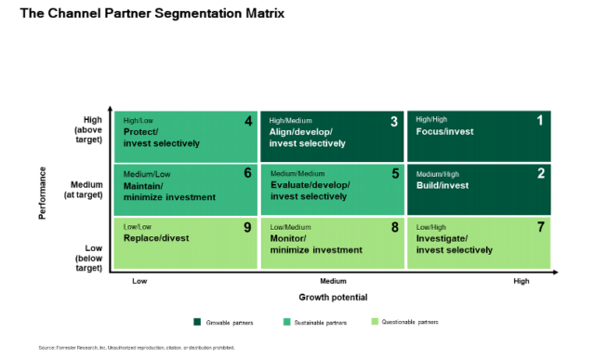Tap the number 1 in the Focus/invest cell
540,121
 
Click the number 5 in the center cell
394,173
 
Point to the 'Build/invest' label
443,185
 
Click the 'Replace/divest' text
156,238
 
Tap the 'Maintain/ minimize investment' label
169,191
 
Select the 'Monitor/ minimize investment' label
315,244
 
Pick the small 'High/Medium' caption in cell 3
290,120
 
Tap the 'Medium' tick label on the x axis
333,280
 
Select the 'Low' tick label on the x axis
139,280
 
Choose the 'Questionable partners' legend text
413,322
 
